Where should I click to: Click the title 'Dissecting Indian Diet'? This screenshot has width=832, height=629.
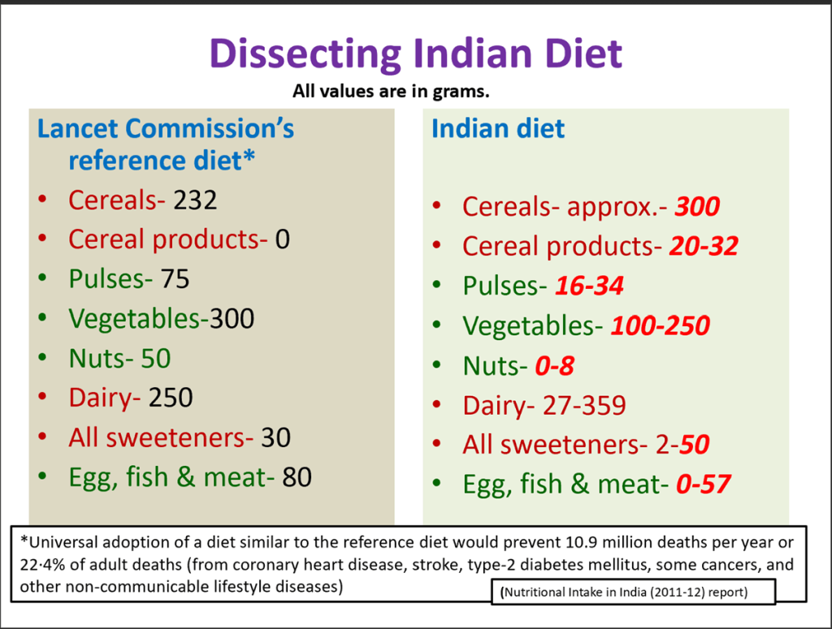point(415,54)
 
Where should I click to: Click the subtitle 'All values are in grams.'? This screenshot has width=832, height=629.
point(391,91)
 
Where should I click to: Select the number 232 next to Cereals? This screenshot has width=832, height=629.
point(195,200)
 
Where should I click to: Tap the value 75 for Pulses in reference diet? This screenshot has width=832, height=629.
point(175,279)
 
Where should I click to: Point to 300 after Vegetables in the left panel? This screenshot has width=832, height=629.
point(232,319)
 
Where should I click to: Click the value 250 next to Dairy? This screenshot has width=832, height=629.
point(171,399)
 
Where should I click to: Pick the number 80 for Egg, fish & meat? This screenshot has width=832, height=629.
point(297,478)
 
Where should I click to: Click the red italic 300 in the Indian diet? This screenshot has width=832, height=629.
point(697,207)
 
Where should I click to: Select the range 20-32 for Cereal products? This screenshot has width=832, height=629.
point(704,247)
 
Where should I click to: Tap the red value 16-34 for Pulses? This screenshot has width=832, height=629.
point(589,286)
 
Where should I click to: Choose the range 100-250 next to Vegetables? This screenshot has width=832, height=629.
point(660,326)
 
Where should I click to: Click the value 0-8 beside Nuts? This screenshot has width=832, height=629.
point(554,366)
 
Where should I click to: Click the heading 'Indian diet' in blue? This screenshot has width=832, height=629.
point(498,129)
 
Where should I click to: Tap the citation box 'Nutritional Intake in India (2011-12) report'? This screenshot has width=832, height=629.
point(633,592)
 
